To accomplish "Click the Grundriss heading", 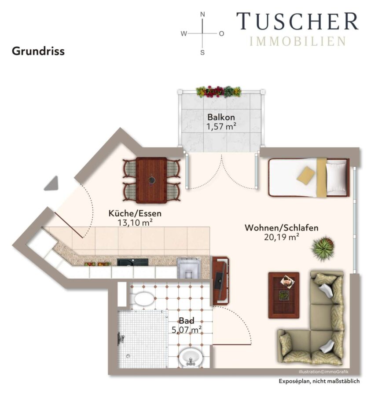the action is click(x=38, y=51).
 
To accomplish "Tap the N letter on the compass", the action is click(x=202, y=15).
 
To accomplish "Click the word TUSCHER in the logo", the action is click(x=297, y=21).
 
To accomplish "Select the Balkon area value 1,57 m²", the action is click(x=221, y=126).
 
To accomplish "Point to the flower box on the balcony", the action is click(x=218, y=92).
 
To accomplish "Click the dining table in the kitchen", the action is click(x=151, y=180).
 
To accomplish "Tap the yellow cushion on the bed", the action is click(x=306, y=176).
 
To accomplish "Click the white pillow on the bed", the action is click(x=336, y=177).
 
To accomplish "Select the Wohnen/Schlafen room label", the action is click(x=281, y=228).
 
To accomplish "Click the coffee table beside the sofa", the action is click(x=284, y=295).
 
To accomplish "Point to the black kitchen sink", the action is click(x=132, y=262).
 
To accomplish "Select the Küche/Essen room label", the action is click(x=135, y=213).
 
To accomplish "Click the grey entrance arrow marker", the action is click(x=52, y=183).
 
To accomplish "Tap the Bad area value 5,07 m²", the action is click(x=187, y=330).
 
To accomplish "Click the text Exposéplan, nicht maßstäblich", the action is click(x=319, y=381).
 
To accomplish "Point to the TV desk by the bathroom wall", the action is click(x=221, y=281).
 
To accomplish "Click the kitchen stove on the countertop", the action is click(x=189, y=268).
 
